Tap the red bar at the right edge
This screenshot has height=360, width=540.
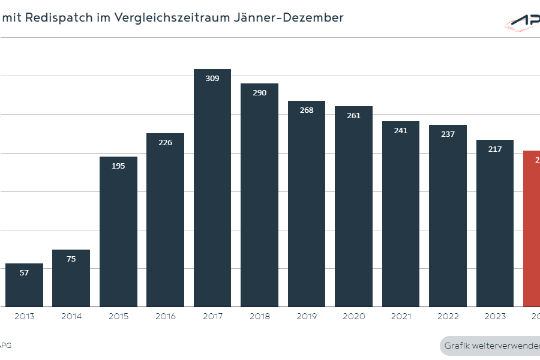click(x=531, y=229)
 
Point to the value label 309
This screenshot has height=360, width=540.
click(x=212, y=78)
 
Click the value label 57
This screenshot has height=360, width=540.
click(x=24, y=272)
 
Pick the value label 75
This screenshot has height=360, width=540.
click(x=71, y=258)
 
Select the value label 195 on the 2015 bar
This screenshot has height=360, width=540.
click(x=118, y=165)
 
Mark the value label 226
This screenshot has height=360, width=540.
click(x=165, y=141)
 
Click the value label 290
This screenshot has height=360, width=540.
click(x=259, y=92)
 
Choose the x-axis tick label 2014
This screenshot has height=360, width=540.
click(x=71, y=316)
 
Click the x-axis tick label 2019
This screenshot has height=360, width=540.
click(x=306, y=316)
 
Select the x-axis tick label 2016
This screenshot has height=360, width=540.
click(x=165, y=316)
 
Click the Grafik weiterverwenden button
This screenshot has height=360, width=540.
click(x=490, y=346)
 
